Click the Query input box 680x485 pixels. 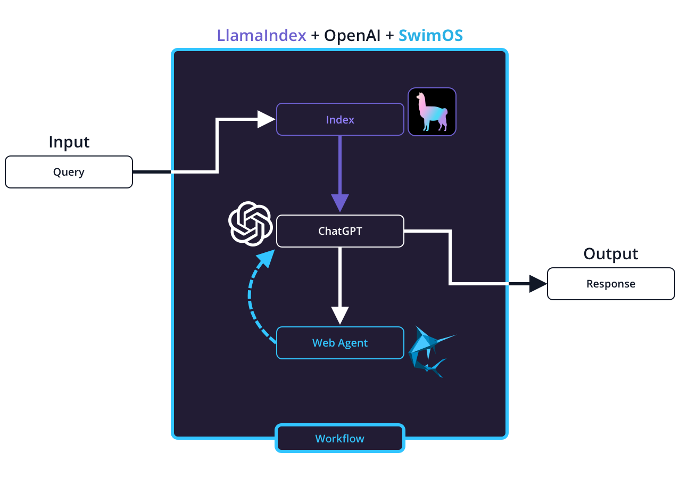[x=69, y=172]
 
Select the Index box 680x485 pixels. [x=340, y=119]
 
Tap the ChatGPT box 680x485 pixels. [x=340, y=231]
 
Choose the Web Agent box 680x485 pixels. [x=340, y=343]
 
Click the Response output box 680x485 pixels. [x=611, y=284]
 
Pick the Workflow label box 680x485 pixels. [x=340, y=438]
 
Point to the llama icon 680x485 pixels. [x=432, y=112]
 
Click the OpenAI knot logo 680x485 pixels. [x=250, y=224]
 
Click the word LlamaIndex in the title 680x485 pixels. [x=261, y=36]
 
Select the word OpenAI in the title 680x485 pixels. [x=352, y=36]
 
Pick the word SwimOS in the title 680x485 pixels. [x=430, y=36]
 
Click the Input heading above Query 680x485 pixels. [x=69, y=142]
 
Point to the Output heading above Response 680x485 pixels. [x=611, y=254]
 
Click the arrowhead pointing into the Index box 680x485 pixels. [x=266, y=119]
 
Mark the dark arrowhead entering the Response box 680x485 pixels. [x=538, y=284]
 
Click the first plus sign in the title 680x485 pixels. [x=315, y=36]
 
